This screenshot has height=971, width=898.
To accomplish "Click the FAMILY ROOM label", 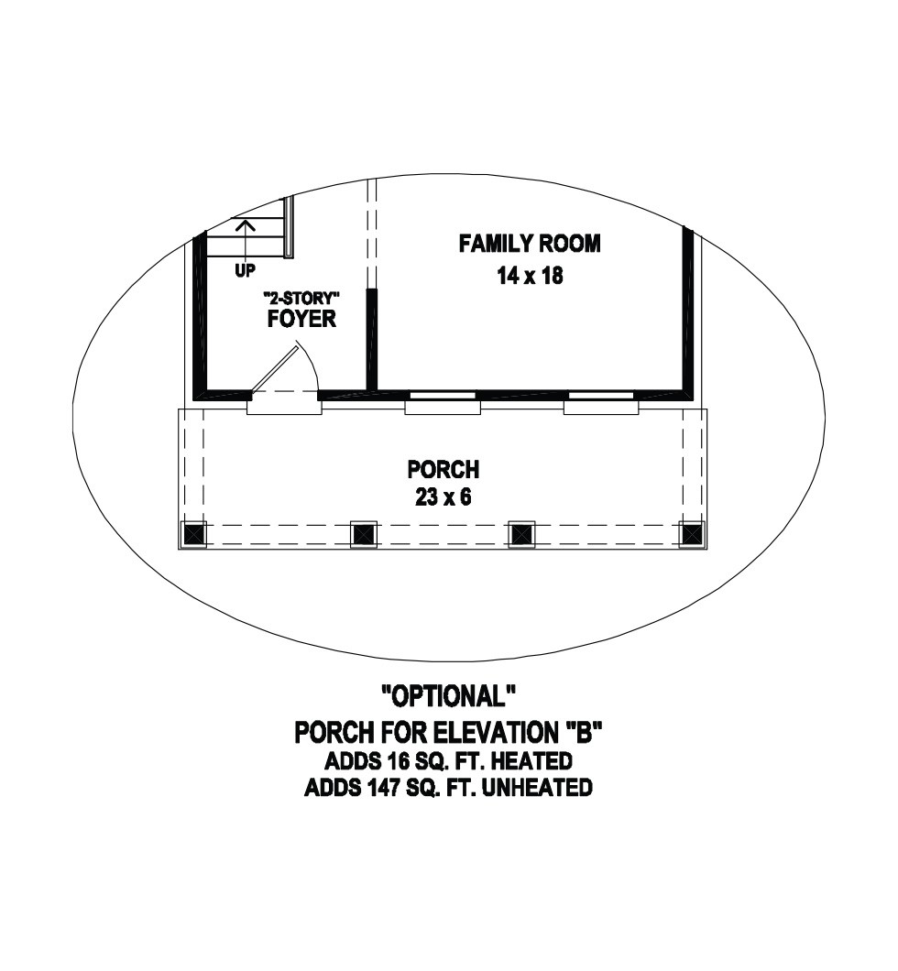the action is pyautogui.click(x=530, y=244).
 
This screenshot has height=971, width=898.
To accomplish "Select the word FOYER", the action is pyautogui.click(x=301, y=318).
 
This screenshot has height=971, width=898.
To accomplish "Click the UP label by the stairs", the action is pyautogui.click(x=246, y=270).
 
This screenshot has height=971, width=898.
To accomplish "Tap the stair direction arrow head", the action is pyautogui.click(x=246, y=224).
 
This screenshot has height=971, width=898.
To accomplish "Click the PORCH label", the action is pyautogui.click(x=444, y=469).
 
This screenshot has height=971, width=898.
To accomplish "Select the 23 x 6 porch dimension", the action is pyautogui.click(x=444, y=496).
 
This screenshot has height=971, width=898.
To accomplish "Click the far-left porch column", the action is pyautogui.click(x=194, y=533).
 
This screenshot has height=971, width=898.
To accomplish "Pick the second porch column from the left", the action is pyautogui.click(x=364, y=533).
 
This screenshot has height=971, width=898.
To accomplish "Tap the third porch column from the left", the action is pyautogui.click(x=521, y=533).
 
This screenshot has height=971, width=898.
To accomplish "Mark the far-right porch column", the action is pyautogui.click(x=691, y=533).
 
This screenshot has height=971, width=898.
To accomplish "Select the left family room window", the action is pyautogui.click(x=443, y=402).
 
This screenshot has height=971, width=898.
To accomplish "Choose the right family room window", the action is pyautogui.click(x=601, y=402).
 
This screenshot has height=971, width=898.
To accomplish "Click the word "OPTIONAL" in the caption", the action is pyautogui.click(x=449, y=696).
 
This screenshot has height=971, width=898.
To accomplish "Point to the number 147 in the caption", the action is pyautogui.click(x=378, y=787).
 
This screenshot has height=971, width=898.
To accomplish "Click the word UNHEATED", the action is pyautogui.click(x=536, y=787).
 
